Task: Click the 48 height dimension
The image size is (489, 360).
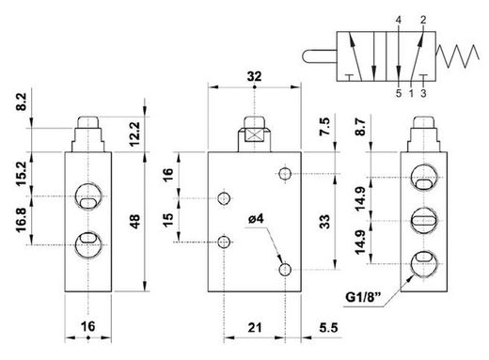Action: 134,221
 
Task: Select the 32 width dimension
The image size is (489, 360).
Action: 254,76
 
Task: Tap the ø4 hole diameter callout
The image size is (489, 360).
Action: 256,219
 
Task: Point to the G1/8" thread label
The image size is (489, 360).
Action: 363,297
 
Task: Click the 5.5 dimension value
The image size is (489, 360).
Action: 329,328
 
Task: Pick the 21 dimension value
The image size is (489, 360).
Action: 255,328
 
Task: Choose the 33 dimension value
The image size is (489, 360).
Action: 326,221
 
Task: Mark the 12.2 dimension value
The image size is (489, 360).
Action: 134,134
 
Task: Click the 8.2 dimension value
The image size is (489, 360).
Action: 21,102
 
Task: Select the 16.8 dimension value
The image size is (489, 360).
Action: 21,220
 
